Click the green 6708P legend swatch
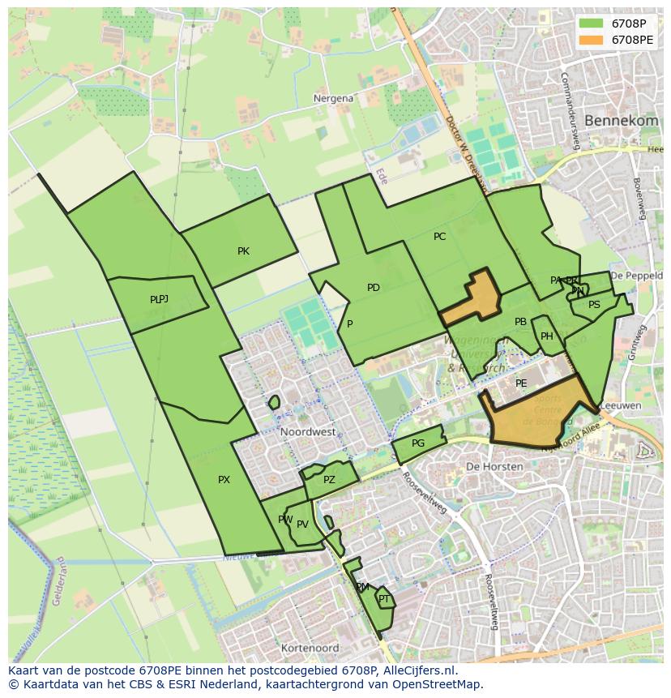(x=592, y=24)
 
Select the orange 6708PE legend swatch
(x=592, y=39)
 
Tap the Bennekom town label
(x=621, y=120)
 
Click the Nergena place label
(x=333, y=98)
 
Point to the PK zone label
(x=243, y=251)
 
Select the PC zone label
(x=439, y=237)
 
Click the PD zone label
(x=373, y=288)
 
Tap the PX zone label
(x=224, y=480)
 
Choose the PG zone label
(x=417, y=443)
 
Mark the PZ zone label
(x=328, y=480)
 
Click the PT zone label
(x=384, y=599)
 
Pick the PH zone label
(x=547, y=336)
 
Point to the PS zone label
(x=594, y=305)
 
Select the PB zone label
(x=520, y=322)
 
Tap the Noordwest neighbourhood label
(x=308, y=432)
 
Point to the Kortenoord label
(x=310, y=649)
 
